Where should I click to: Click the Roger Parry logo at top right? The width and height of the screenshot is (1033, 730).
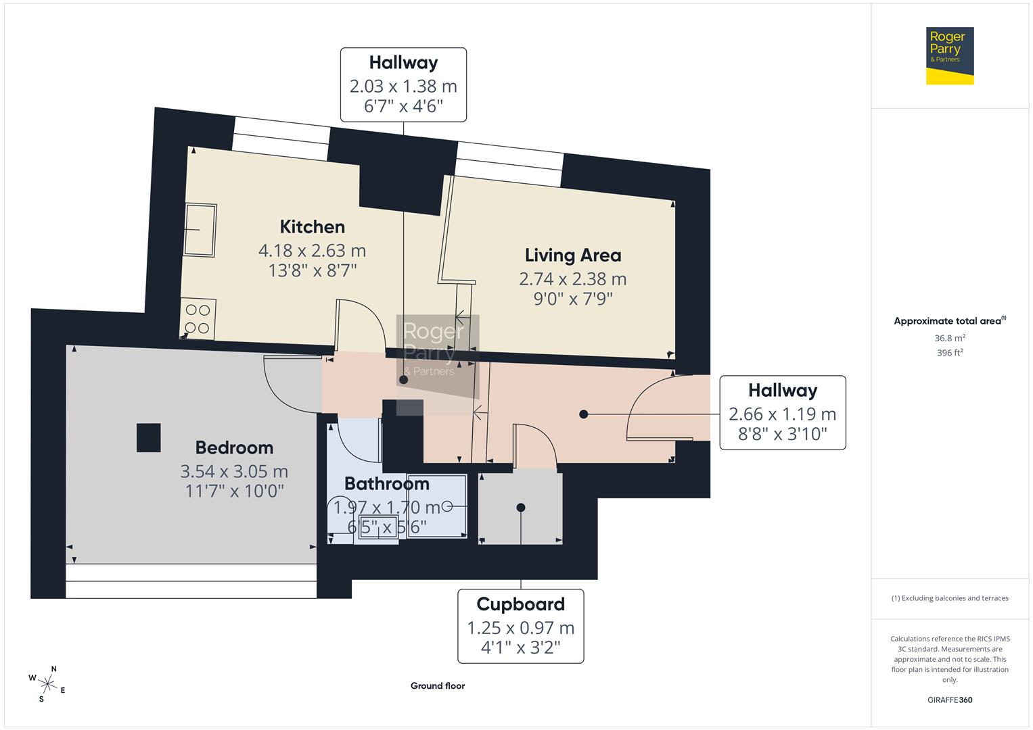pos(949,55)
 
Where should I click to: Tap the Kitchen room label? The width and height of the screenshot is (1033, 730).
pos(312,227)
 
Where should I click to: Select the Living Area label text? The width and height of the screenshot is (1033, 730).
pos(572,255)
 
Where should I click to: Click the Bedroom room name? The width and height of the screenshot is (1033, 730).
pos(234,447)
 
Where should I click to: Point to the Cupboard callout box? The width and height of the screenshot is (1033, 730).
pos(520,626)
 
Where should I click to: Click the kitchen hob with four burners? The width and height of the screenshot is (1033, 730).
pos(198,319)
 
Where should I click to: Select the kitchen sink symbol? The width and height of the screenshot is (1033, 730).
pos(200,230)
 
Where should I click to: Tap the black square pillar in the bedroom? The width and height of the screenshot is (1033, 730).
pos(148,437)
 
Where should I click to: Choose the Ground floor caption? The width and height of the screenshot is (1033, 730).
pos(438,686)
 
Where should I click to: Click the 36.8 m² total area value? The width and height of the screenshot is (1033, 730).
pos(949,338)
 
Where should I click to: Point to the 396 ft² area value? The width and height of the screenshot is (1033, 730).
pos(949,353)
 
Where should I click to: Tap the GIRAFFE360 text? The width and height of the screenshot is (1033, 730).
pos(949,700)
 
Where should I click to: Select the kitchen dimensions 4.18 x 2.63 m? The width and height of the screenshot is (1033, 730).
pos(312,251)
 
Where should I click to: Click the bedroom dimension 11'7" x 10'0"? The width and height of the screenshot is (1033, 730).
pos(234,491)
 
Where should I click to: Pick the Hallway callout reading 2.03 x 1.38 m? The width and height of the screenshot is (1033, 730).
pos(403,84)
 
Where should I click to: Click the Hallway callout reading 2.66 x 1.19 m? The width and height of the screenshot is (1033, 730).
pos(782,412)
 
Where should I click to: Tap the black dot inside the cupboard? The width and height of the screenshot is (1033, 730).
pos(520,508)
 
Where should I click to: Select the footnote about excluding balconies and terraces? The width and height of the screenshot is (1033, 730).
pos(949,598)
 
